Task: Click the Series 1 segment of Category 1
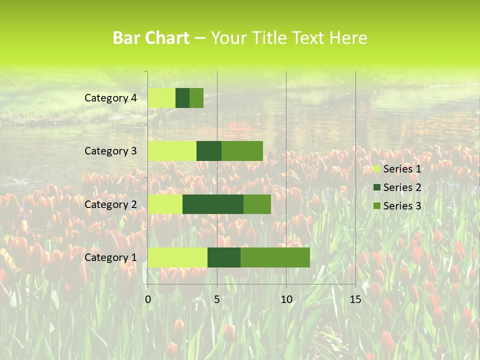point(177,257)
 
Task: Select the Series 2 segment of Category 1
point(224,257)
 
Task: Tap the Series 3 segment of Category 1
point(275,257)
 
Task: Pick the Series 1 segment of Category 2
point(165,204)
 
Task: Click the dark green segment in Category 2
point(213,204)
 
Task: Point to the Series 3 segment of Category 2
point(257,204)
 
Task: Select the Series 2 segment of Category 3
point(209,151)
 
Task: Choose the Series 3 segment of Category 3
point(242,151)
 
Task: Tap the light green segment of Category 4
point(161,98)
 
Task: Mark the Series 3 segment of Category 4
point(196,98)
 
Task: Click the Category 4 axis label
point(110,98)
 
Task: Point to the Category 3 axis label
point(110,151)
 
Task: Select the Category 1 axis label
point(110,257)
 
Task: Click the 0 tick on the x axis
point(148,299)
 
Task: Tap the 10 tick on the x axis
point(286,299)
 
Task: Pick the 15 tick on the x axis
point(355,299)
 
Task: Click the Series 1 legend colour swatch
point(377,169)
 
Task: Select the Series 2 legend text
point(402,187)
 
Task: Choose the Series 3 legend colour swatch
point(377,206)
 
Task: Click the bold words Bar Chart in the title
point(151,38)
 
